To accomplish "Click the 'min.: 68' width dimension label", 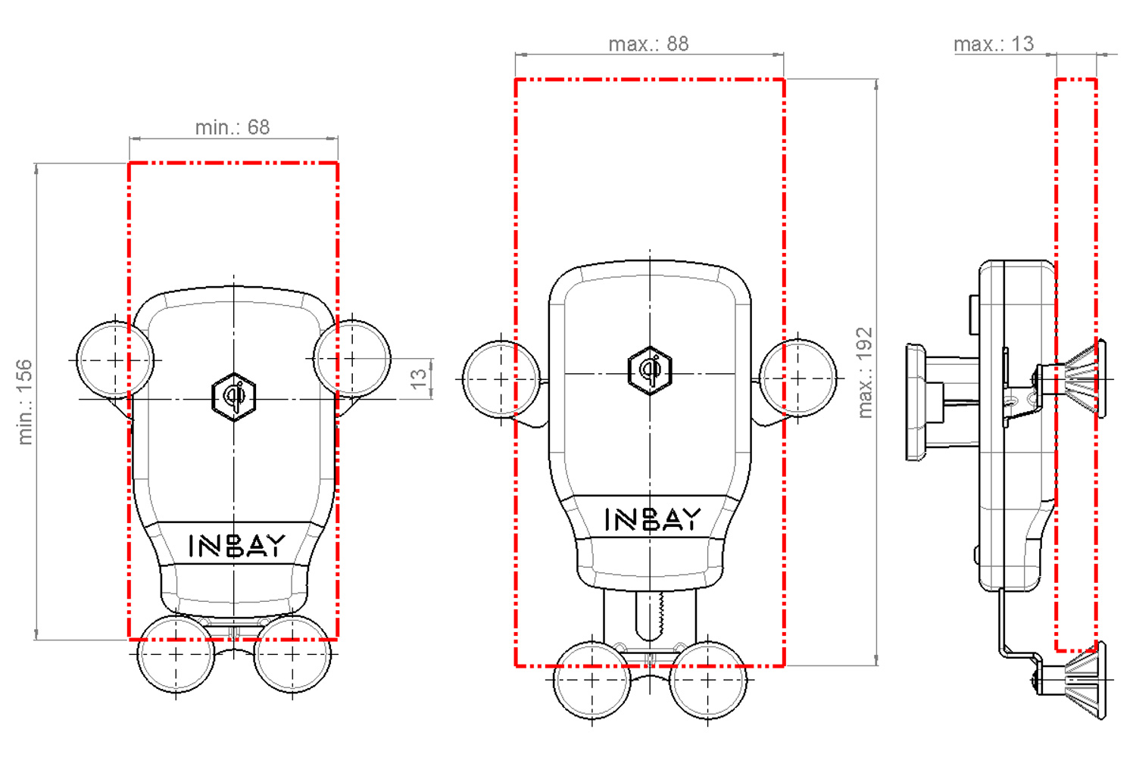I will [x=233, y=127].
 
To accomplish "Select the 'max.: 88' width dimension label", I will [x=649, y=44].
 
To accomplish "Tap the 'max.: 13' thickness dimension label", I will [x=994, y=44].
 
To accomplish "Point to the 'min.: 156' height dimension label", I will [x=25, y=402].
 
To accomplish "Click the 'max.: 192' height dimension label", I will [x=865, y=372].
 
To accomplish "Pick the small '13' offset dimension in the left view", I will [x=419, y=378].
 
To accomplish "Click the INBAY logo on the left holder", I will [x=236, y=545].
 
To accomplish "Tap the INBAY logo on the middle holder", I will [x=652, y=519].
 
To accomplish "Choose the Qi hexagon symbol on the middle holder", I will [x=650, y=370].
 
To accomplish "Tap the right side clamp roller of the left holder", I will [x=352, y=358].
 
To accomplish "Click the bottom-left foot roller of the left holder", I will [x=176, y=654].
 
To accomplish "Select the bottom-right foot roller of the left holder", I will [x=292, y=654].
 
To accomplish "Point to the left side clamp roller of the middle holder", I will [x=501, y=378].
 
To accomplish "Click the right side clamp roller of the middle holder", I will [x=798, y=378].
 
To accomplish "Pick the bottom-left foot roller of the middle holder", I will [x=592, y=680].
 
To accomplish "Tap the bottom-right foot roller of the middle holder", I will [x=708, y=680].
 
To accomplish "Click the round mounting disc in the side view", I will [x=916, y=403].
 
